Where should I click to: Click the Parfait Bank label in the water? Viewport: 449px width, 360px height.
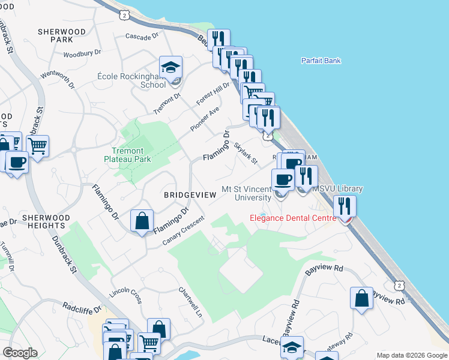pos(320,61)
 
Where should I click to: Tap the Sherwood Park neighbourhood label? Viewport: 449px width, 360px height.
pos(62,35)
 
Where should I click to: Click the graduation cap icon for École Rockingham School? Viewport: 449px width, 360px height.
pos(171,67)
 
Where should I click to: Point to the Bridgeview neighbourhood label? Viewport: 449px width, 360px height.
pos(188,196)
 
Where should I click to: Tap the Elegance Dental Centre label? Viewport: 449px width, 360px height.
pos(294,218)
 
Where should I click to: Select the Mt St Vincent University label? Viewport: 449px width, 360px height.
pos(247,193)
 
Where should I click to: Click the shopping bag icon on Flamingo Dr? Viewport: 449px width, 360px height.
pos(142,221)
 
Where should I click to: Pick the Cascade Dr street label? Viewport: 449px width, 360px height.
pos(142,36)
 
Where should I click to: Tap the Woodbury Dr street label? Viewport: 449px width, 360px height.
pos(82,53)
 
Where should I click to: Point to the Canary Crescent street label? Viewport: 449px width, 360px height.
pos(184,231)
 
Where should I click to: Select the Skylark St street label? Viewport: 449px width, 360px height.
pos(246,154)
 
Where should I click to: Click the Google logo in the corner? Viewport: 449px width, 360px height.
pos(20,353)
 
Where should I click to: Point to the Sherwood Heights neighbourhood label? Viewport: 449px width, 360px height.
pos(45,221)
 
